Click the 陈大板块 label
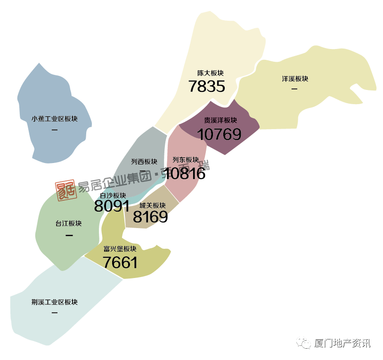(211, 74)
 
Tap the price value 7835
(206, 86)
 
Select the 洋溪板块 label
(295, 79)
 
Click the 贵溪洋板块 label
(220, 120)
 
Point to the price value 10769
(219, 134)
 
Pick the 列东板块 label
(186, 160)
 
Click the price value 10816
(185, 173)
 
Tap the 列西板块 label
(144, 162)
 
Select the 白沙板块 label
(113, 195)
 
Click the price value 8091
(112, 206)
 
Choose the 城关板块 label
(153, 205)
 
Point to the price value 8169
(150, 217)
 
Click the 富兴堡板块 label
(120, 249)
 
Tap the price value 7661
(120, 262)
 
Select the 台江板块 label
(68, 223)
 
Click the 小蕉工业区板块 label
(55, 119)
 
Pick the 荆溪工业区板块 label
(55, 302)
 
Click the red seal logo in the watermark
(66, 190)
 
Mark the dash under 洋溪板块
(295, 89)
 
